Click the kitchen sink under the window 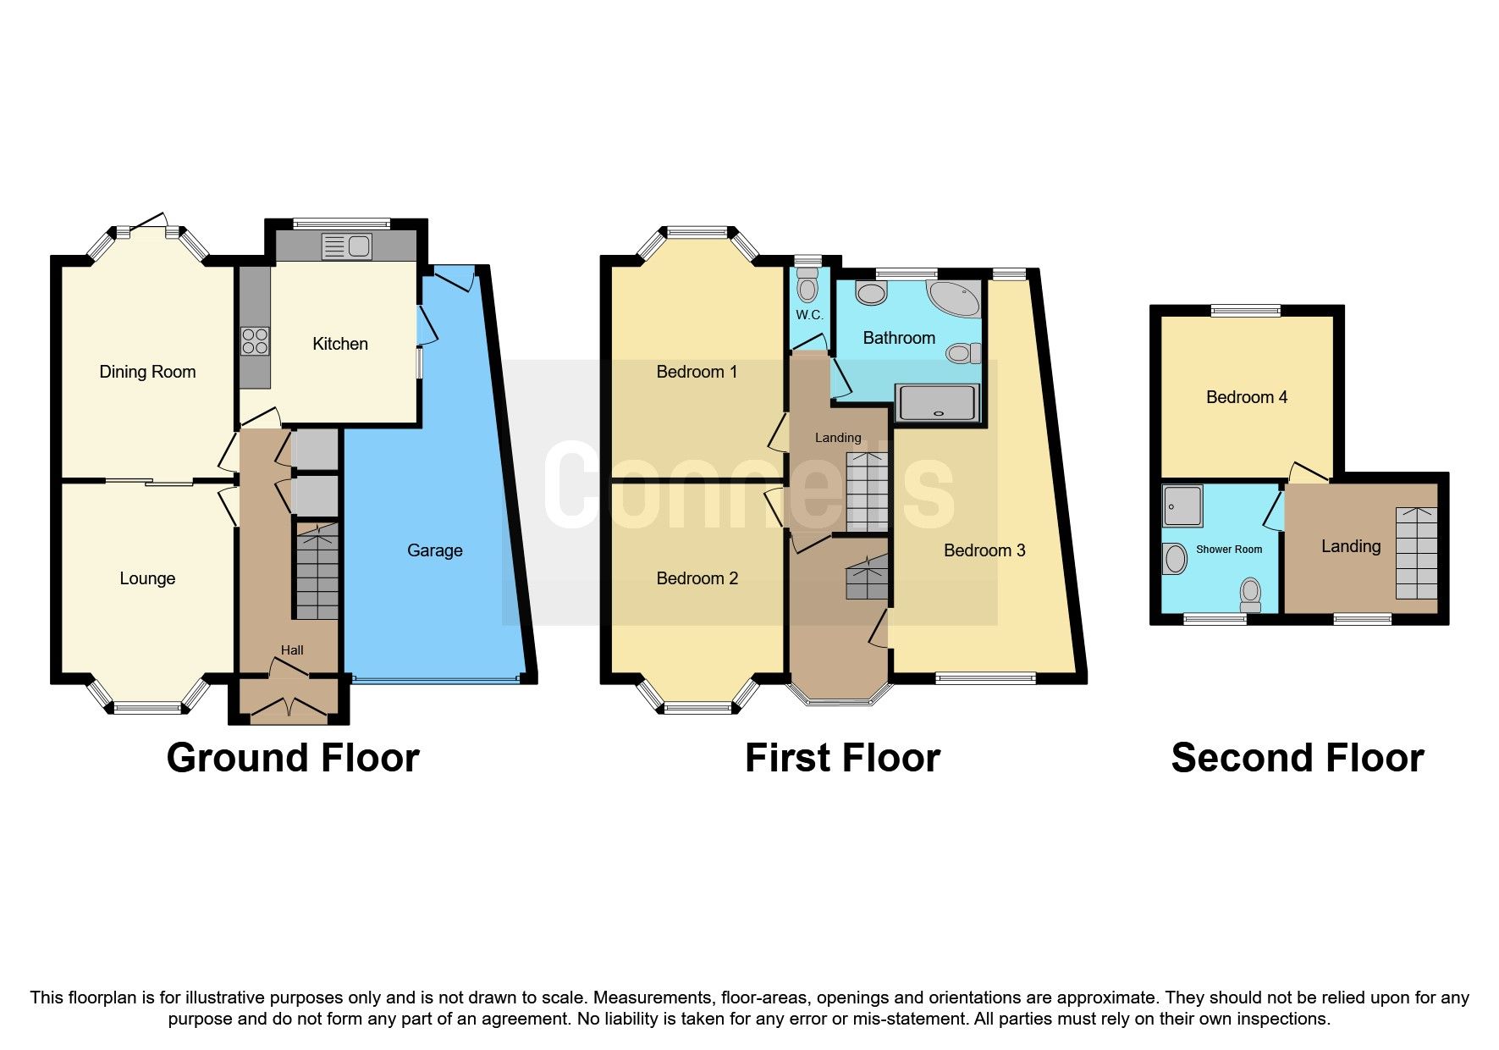347,246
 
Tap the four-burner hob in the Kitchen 255,341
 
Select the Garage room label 434,550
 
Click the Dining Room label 147,372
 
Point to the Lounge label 147,578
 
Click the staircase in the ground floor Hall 317,572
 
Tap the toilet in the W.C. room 807,285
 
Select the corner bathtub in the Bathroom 955,297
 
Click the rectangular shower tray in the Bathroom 938,402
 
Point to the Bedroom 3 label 984,550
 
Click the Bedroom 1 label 697,372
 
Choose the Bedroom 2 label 697,578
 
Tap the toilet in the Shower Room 1250,594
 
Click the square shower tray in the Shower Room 1182,506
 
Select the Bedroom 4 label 1246,397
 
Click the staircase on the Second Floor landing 1416,553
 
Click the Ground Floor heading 293,758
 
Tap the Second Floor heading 1297,758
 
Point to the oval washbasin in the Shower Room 1175,559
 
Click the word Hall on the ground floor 292,650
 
